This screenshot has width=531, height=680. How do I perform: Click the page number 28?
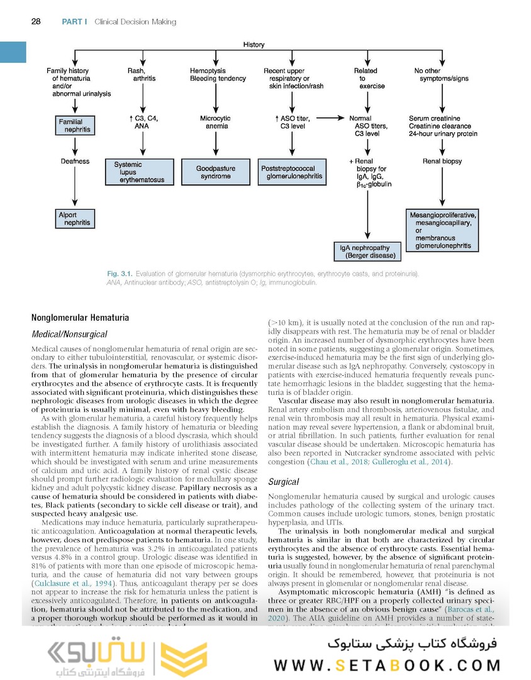coord(36,22)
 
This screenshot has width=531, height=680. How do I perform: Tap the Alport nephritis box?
coord(75,218)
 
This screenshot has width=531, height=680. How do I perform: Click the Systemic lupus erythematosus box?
coord(143,172)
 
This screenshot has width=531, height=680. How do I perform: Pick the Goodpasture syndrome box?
coord(216,173)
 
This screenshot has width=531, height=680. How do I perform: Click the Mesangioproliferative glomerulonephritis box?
coord(443,230)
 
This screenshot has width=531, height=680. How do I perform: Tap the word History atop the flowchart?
coord(254,45)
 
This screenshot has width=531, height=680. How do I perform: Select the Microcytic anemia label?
coord(215,122)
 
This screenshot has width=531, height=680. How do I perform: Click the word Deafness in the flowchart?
coord(75,161)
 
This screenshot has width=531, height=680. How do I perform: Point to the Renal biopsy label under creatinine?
coord(442,161)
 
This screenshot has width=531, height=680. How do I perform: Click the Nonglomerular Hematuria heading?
coord(80,319)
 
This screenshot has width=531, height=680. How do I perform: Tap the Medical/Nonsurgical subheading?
coord(69,334)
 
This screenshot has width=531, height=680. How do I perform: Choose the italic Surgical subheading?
coord(284,482)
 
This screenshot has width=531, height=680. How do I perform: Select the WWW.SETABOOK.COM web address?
coord(386,666)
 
